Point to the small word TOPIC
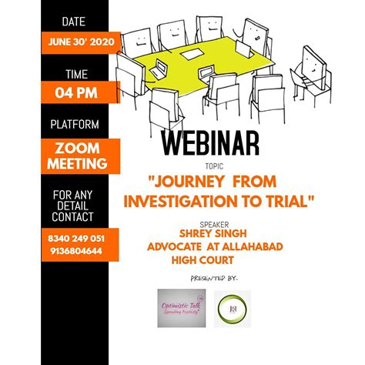(213, 165)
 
